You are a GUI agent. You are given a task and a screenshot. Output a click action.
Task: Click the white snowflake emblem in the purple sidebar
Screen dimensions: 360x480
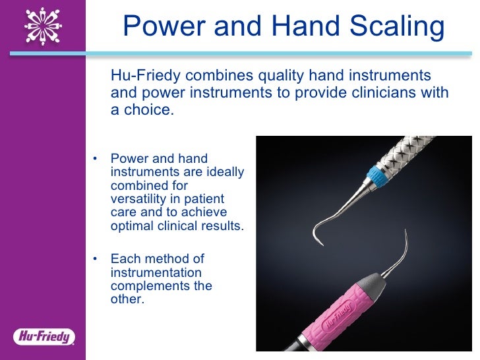pos(44,26)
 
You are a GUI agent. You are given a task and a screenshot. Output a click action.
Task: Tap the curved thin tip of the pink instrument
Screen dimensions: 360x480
pos(404,239)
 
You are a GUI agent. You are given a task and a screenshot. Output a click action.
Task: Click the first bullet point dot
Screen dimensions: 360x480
pos(95,159)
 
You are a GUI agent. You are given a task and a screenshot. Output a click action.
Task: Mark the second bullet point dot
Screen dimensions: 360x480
pos(95,259)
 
